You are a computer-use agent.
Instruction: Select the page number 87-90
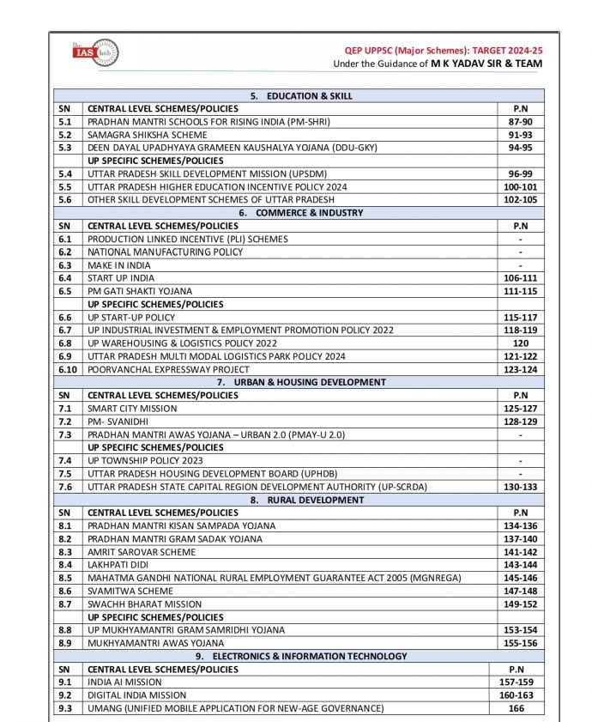[x=521, y=123]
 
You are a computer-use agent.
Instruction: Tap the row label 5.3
[x=65, y=148]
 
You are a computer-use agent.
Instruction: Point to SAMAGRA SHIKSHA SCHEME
[x=147, y=135]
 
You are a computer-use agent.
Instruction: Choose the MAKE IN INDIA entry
[x=119, y=265]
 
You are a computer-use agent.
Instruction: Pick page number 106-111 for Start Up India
[x=521, y=278]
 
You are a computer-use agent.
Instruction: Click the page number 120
[x=521, y=343]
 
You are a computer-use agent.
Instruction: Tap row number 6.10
[x=67, y=368]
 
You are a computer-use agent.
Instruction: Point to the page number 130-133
[x=521, y=487]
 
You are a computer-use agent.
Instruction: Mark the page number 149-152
[x=521, y=604]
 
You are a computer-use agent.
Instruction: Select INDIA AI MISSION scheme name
[x=124, y=682]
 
